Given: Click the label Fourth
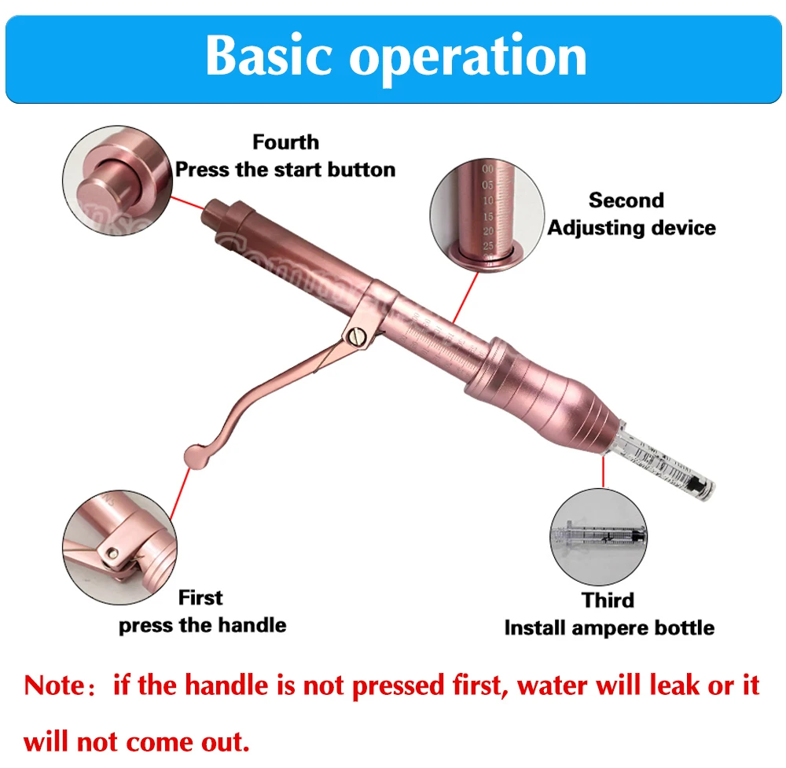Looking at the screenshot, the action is click(x=285, y=142).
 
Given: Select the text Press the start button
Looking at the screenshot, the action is click(x=285, y=169).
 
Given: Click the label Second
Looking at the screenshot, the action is click(x=626, y=200).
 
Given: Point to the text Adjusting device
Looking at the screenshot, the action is click(x=632, y=228).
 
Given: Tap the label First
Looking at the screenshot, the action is click(x=200, y=597).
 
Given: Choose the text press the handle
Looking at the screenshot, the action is click(x=202, y=626).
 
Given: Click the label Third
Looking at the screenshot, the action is click(x=608, y=601).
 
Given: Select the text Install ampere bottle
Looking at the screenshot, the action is click(x=609, y=628).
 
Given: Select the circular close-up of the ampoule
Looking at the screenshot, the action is click(x=599, y=537).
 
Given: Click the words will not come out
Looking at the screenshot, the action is click(x=138, y=740).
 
